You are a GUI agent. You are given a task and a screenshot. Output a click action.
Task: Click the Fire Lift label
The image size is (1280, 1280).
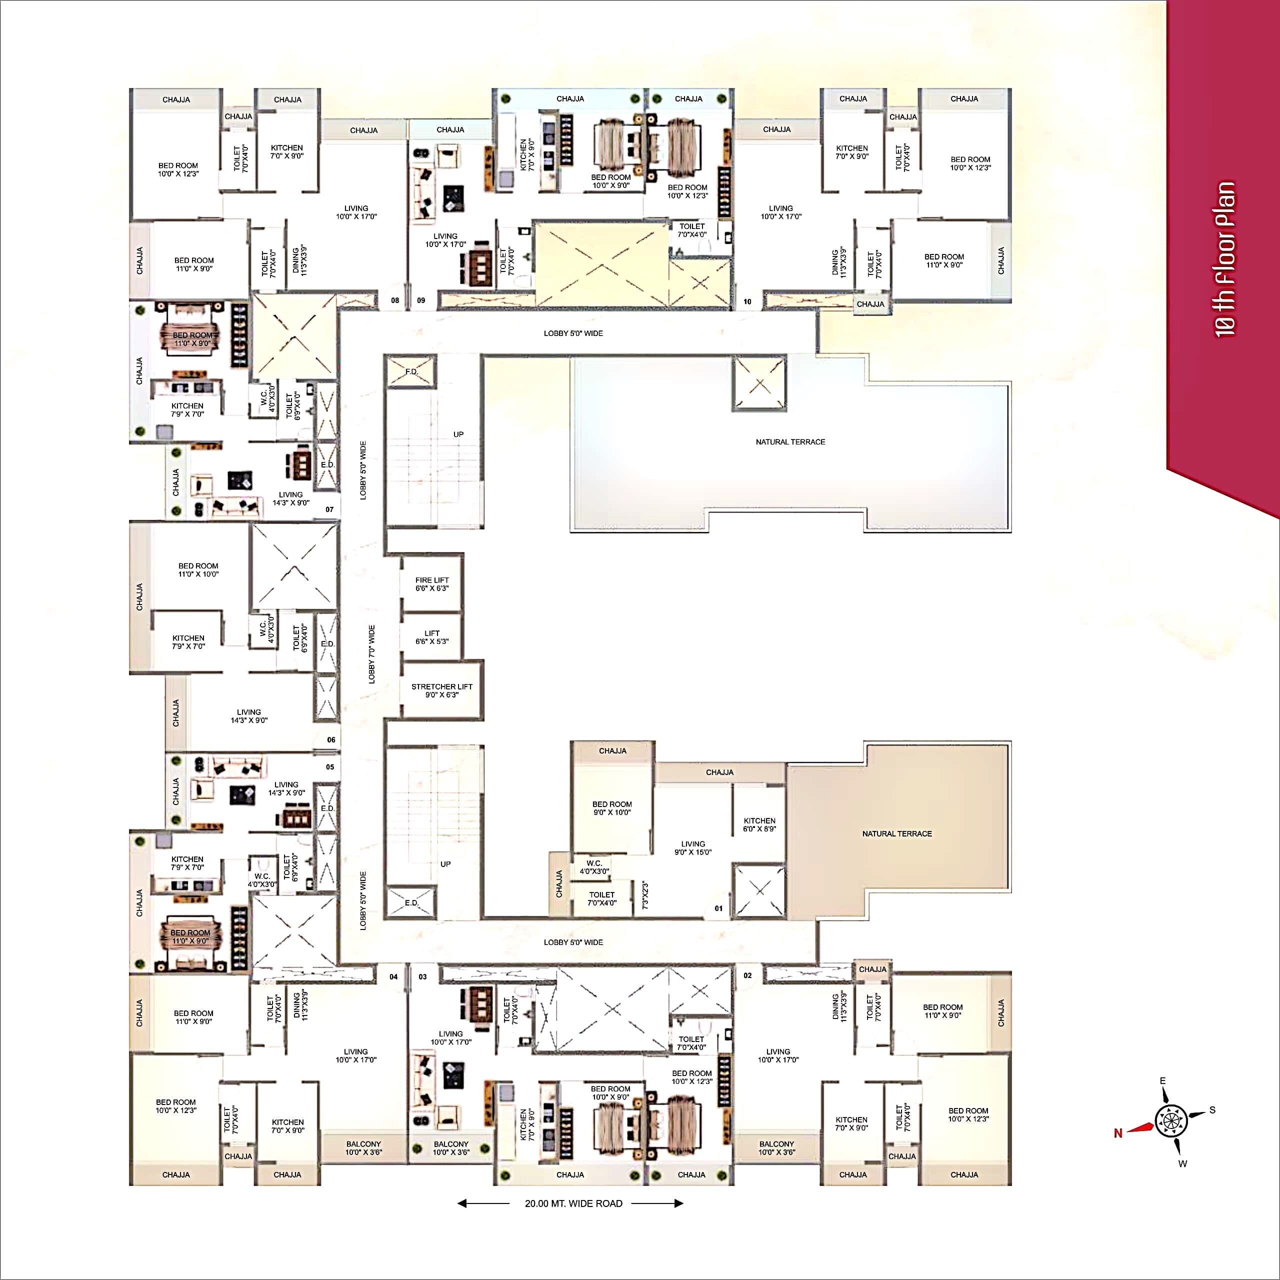pyautogui.click(x=432, y=583)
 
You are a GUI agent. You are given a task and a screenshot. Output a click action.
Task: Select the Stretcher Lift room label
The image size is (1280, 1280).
pyautogui.click(x=442, y=690)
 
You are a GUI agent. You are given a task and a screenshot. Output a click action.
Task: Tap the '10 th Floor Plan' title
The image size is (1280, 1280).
pyautogui.click(x=1225, y=259)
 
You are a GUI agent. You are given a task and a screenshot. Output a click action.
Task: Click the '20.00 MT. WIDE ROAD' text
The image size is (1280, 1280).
pyautogui.click(x=573, y=1203)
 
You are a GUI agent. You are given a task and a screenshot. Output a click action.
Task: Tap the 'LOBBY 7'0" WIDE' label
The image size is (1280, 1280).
pyautogui.click(x=371, y=654)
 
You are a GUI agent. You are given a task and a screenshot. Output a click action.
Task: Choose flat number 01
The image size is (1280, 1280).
pyautogui.click(x=718, y=908)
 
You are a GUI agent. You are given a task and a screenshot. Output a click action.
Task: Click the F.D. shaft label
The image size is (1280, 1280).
pyautogui.click(x=411, y=371)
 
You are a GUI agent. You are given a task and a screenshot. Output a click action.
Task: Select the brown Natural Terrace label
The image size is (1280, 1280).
pyautogui.click(x=897, y=833)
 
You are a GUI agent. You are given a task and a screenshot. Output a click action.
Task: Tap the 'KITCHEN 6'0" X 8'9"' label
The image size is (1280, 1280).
pyautogui.click(x=759, y=824)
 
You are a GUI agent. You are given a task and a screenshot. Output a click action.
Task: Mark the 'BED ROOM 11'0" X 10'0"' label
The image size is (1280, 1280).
pyautogui.click(x=198, y=570)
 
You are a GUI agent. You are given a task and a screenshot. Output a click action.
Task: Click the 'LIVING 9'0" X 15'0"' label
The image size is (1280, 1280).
pyautogui.click(x=693, y=848)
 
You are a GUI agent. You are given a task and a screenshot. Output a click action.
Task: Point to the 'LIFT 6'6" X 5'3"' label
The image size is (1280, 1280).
pyautogui.click(x=432, y=637)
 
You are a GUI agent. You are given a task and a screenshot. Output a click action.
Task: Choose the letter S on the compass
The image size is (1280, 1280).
pyautogui.click(x=1212, y=1109)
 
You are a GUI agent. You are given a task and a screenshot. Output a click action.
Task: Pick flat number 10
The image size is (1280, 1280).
pyautogui.click(x=747, y=301)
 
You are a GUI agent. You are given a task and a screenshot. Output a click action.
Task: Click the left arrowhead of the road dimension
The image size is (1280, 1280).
pyautogui.click(x=462, y=1203)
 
